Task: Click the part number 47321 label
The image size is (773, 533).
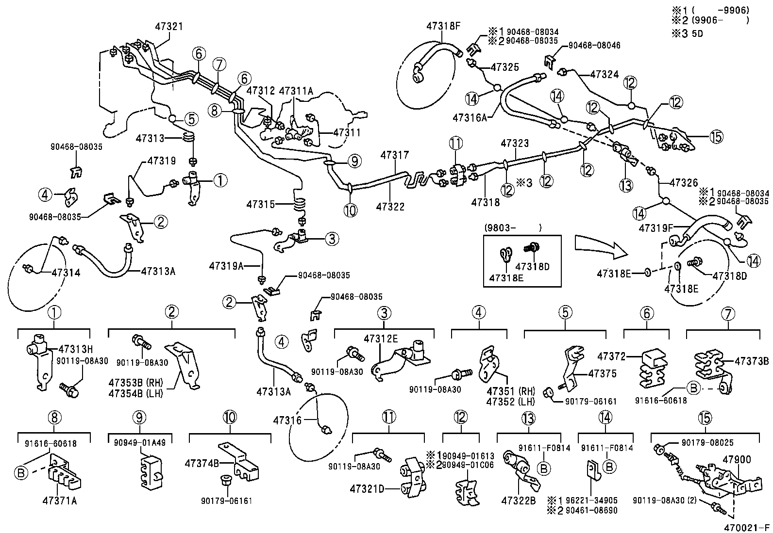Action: pos(169,26)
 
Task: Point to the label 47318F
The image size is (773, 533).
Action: pos(443,26)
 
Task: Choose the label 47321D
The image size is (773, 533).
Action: pos(367,488)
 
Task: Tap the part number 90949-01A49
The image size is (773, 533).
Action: pos(140,442)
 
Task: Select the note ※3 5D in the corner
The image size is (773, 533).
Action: pos(687,34)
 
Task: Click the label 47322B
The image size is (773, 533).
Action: pos(518,501)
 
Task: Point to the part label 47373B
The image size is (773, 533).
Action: pos(752,360)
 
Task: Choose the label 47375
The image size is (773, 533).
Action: pos(602,373)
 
